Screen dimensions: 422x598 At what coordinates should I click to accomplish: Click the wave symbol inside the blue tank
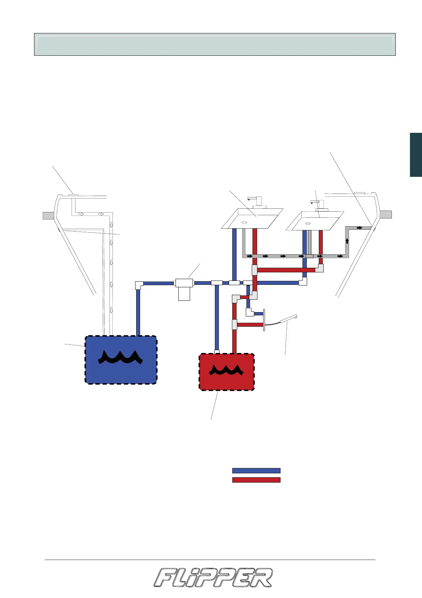point(121,357)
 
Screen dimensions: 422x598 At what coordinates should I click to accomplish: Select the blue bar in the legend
point(256,471)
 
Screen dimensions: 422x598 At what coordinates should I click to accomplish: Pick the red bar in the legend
point(256,480)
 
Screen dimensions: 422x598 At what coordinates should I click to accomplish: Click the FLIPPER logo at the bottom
point(213,577)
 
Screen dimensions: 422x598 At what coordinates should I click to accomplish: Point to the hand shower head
point(289,319)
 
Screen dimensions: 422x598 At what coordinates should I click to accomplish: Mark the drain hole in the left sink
point(244,222)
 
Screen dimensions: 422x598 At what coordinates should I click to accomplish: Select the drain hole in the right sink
point(308,223)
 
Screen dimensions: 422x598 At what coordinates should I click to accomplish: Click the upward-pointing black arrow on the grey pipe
point(347,241)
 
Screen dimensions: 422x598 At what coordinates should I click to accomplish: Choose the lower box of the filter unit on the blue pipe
point(184,294)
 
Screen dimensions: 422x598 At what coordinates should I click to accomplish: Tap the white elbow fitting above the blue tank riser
point(139,285)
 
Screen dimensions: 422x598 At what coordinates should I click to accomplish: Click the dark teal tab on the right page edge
point(416,155)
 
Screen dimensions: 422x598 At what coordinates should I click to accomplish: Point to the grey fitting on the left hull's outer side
point(48,215)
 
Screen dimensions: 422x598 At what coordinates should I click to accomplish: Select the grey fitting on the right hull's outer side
point(385,214)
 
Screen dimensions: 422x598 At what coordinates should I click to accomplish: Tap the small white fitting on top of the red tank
point(217,352)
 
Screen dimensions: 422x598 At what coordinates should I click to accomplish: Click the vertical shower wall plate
point(264,320)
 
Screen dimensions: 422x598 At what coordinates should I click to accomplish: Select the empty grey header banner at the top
point(215,44)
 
